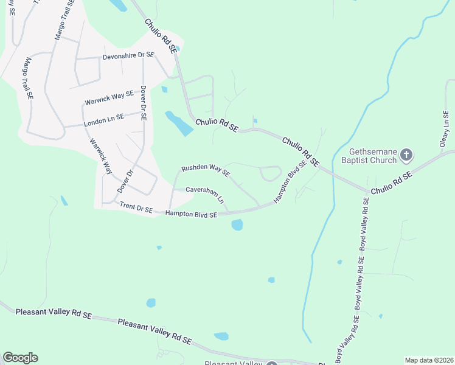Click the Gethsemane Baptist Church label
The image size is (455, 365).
373,156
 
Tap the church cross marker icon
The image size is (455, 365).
407,156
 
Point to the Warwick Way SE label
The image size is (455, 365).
109,96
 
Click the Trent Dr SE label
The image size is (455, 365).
136,208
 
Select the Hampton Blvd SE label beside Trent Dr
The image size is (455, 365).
191,214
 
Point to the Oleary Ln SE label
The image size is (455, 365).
446,128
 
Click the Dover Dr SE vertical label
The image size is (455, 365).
144,103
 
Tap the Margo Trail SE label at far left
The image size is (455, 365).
28,79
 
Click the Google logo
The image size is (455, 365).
20,358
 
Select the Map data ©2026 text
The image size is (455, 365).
429,360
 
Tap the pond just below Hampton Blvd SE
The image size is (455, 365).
237,225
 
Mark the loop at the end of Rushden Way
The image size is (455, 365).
270,173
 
